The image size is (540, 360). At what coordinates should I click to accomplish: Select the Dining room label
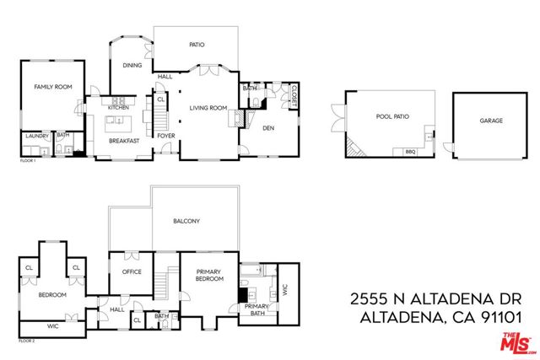tap(132, 65)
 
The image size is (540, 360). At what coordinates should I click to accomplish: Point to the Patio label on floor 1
tap(196, 45)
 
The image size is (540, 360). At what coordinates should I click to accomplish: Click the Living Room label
tap(208, 107)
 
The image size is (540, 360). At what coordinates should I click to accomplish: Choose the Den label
tap(268, 128)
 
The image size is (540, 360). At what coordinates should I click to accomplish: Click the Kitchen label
tap(117, 107)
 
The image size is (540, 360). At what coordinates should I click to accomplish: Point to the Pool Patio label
tap(392, 116)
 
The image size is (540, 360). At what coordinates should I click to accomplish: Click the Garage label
tap(491, 121)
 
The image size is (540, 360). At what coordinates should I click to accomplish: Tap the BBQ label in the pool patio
tap(411, 152)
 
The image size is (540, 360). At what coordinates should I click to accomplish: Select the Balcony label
tap(186, 222)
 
